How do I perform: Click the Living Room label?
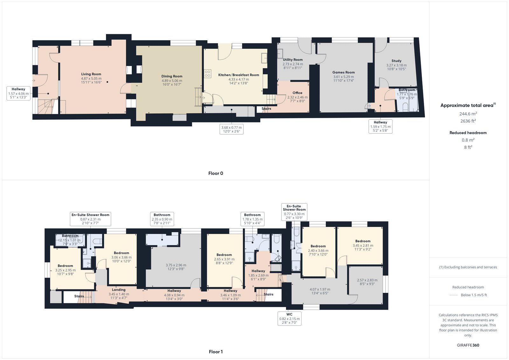point(91,74)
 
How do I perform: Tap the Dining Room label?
point(172,76)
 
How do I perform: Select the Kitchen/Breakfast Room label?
point(239,75)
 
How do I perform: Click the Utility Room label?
point(293,60)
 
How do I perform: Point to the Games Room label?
point(343,73)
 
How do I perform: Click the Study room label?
point(396,61)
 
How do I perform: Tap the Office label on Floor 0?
point(297,93)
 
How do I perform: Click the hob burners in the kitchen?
point(208,74)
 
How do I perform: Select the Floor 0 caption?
point(216,173)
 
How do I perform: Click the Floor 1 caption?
point(216,352)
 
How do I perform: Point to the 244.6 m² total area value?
point(468,114)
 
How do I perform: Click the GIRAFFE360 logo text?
point(468,345)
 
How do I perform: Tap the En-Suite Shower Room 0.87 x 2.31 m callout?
point(90,219)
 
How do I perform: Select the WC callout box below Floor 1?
point(289,318)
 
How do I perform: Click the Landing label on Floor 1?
point(119,290)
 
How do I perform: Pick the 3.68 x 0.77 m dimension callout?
point(231,129)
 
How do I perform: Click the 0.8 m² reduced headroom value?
point(468,140)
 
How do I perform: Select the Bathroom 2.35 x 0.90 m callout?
point(162,219)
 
